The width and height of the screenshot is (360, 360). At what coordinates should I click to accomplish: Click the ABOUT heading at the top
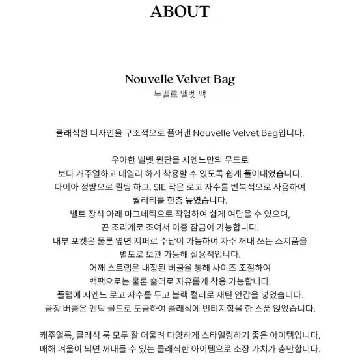[x=180, y=12]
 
